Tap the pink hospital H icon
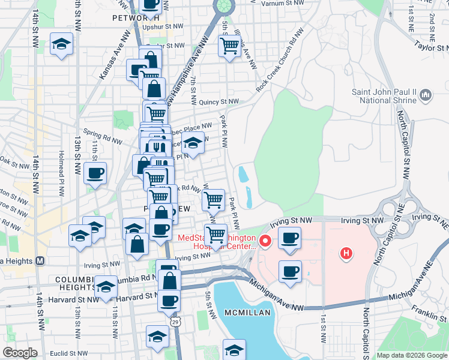tap(346, 254)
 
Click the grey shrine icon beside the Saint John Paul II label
tap(426, 95)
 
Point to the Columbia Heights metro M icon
tap(40, 261)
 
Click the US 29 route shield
tap(174, 322)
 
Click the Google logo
tap(20, 353)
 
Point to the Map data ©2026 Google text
tap(411, 355)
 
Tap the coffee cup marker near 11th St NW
tap(95, 174)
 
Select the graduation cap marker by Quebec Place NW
tap(193, 143)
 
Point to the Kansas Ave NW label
tap(114, 55)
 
